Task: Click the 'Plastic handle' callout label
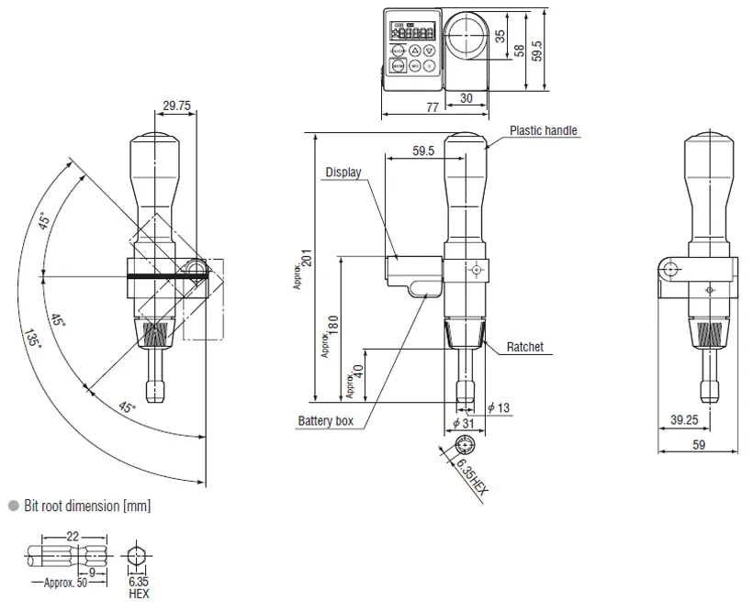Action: point(543,130)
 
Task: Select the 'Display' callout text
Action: point(343,172)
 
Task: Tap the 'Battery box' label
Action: point(326,421)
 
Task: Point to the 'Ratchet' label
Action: point(525,347)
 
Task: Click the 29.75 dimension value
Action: point(176,106)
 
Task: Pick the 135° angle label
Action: point(32,338)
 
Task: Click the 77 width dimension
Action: point(433,107)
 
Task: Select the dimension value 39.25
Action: point(684,420)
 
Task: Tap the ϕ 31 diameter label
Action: point(464,423)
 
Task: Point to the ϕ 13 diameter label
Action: point(499,408)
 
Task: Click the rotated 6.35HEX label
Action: point(472,476)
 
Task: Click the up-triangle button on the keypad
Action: point(415,50)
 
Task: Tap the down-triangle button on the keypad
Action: point(430,50)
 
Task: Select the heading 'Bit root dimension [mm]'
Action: point(87,506)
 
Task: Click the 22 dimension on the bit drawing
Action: point(72,536)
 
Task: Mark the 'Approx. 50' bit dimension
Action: point(65,583)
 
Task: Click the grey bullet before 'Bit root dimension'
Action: point(14,506)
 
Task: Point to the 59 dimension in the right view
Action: point(699,445)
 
